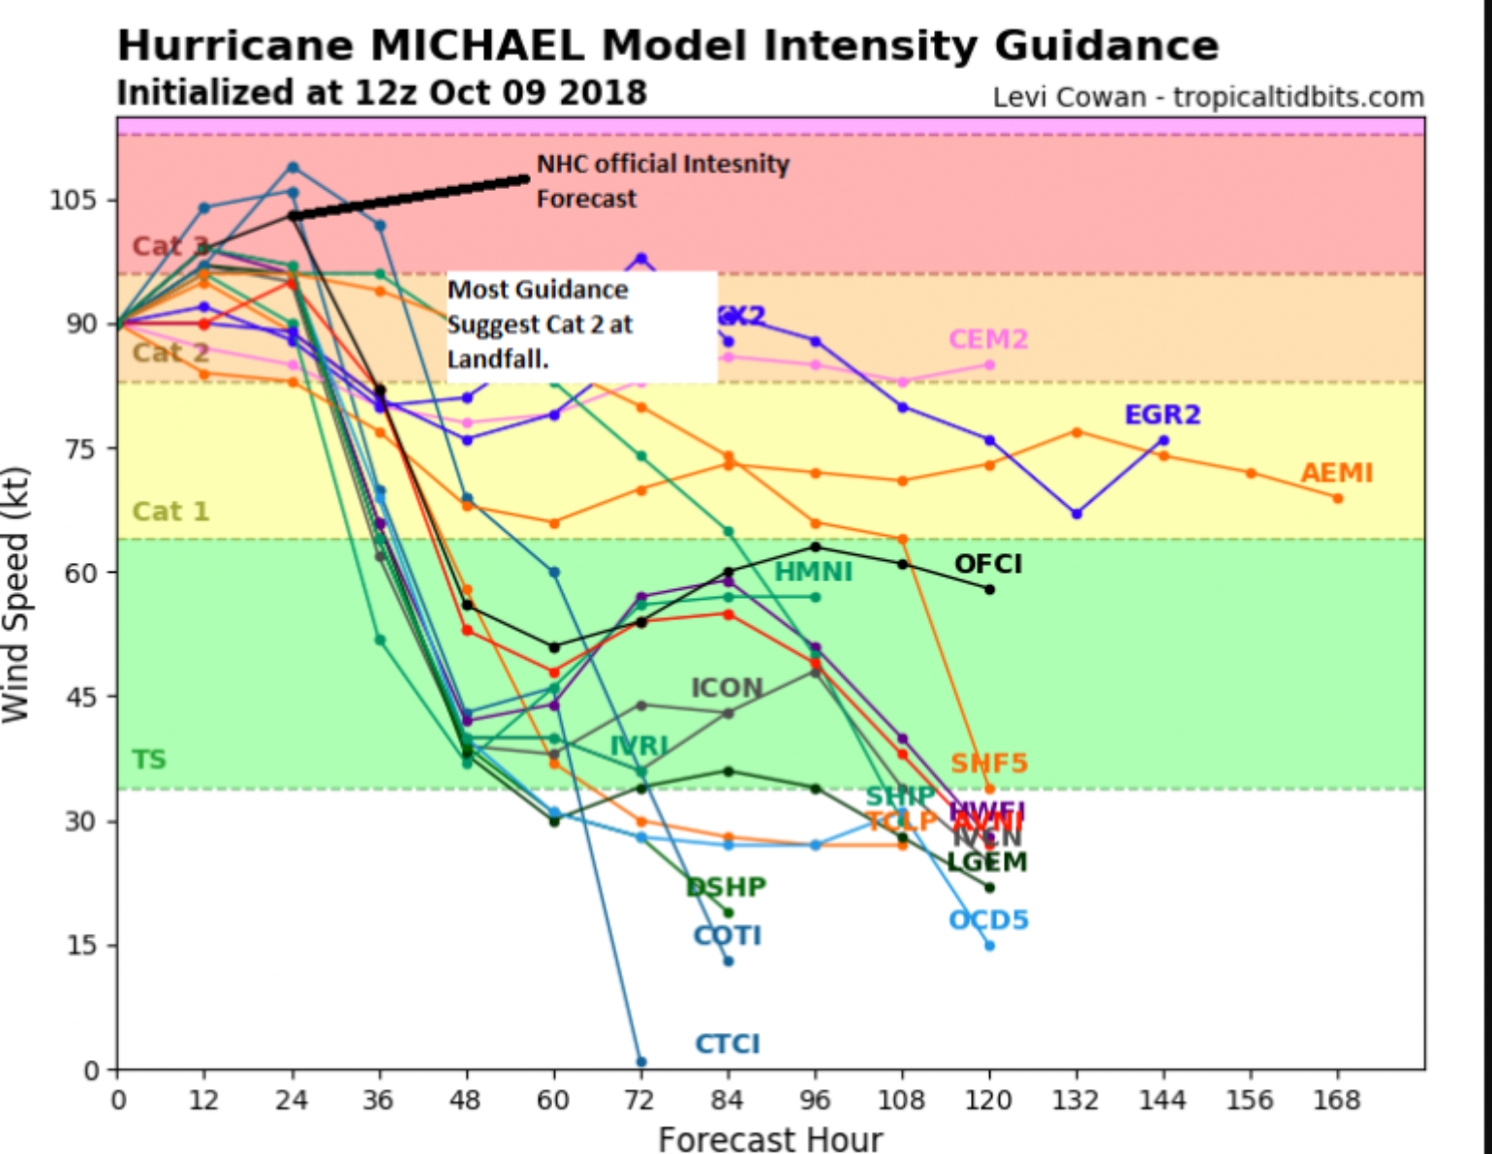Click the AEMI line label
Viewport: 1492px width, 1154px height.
pyautogui.click(x=1336, y=473)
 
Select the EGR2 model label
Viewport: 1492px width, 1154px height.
pyautogui.click(x=1162, y=415)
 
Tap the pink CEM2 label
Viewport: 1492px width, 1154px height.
pyautogui.click(x=987, y=339)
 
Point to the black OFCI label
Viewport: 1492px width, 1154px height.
pyautogui.click(x=987, y=564)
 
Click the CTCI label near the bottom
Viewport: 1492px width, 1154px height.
pyautogui.click(x=727, y=1044)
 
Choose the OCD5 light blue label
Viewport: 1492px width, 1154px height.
pyautogui.click(x=987, y=920)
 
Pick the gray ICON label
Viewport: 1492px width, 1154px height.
pyautogui.click(x=727, y=688)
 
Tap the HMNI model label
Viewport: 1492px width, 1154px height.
pyautogui.click(x=813, y=573)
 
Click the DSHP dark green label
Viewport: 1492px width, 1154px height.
pyautogui.click(x=726, y=887)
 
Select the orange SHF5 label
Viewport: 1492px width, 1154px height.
pyautogui.click(x=988, y=764)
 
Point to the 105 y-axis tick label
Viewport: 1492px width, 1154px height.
pyautogui.click(x=74, y=201)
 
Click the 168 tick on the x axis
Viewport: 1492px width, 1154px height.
pyautogui.click(x=1337, y=1101)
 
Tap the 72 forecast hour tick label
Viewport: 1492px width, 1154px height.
pyautogui.click(x=640, y=1101)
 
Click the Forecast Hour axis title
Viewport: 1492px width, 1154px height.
pyautogui.click(x=770, y=1139)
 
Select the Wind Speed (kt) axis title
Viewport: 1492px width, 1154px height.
pyautogui.click(x=16, y=594)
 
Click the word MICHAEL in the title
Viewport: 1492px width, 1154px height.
pyautogui.click(x=478, y=46)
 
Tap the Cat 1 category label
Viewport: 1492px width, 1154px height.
pyautogui.click(x=171, y=511)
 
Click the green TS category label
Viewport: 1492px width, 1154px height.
pyautogui.click(x=149, y=759)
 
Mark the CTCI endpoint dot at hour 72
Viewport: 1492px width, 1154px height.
pyautogui.click(x=641, y=1062)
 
